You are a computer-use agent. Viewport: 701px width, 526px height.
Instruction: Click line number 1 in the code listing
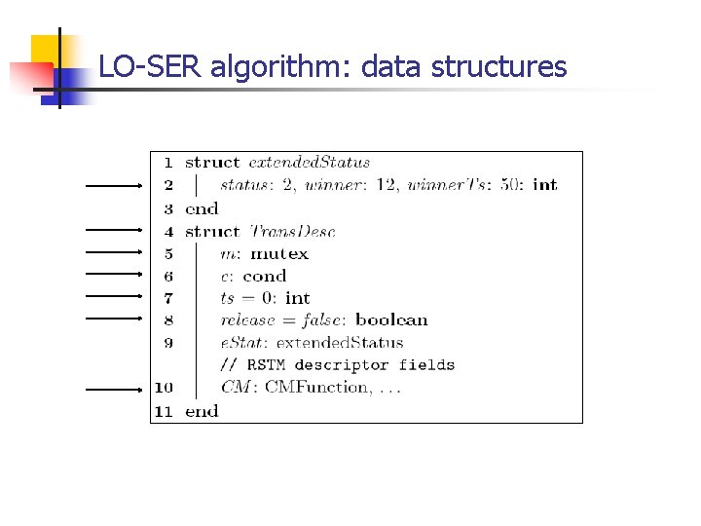tap(167, 163)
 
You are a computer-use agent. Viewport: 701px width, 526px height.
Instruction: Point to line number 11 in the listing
tap(164, 411)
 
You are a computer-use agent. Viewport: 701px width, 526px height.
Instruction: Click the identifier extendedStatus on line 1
tap(310, 163)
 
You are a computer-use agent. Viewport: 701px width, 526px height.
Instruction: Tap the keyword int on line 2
tap(545, 185)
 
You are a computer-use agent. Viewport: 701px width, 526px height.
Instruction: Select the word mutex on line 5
tap(279, 253)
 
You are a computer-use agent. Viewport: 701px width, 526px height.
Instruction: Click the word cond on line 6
tap(265, 276)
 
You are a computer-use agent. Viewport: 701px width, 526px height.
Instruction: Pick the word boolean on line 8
tap(391, 319)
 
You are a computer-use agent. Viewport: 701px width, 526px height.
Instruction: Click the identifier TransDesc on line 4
tap(292, 231)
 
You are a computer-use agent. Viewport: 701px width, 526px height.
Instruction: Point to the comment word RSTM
tap(265, 365)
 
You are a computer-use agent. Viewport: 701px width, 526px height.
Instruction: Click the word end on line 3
tap(202, 208)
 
